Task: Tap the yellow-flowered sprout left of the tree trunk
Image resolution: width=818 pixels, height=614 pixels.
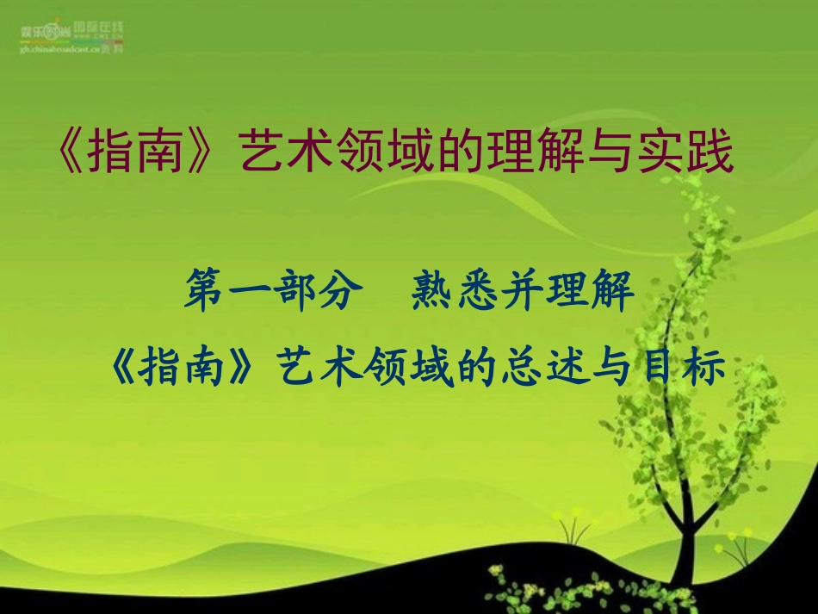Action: coord(568,525)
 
